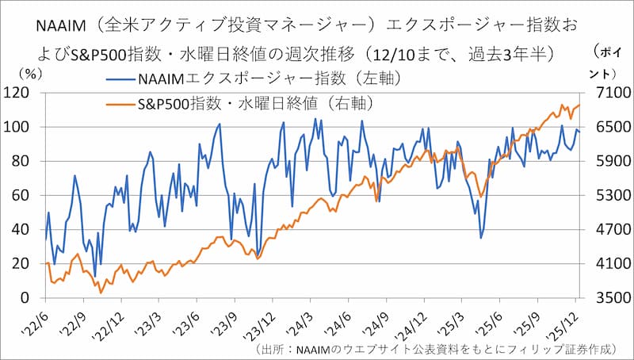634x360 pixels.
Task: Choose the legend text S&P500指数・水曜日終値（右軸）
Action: click(x=254, y=104)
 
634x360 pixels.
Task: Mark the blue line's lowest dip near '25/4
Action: click(x=480, y=237)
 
